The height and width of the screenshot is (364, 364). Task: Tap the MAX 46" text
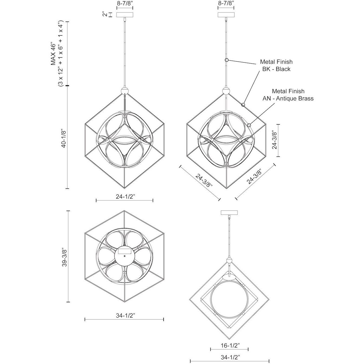[53, 55]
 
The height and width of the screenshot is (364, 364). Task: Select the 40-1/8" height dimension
[64, 138]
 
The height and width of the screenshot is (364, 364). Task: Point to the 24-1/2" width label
[126, 197]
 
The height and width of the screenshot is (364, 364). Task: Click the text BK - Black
[276, 69]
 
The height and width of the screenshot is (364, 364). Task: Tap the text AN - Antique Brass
[288, 98]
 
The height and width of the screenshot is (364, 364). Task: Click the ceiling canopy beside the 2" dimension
[125, 15]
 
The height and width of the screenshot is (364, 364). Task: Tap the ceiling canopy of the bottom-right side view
[229, 213]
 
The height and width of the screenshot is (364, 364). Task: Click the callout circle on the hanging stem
[227, 60]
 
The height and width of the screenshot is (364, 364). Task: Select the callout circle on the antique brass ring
[249, 125]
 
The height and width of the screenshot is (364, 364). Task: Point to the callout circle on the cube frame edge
[243, 105]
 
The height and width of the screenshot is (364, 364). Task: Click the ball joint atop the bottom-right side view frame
[229, 261]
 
